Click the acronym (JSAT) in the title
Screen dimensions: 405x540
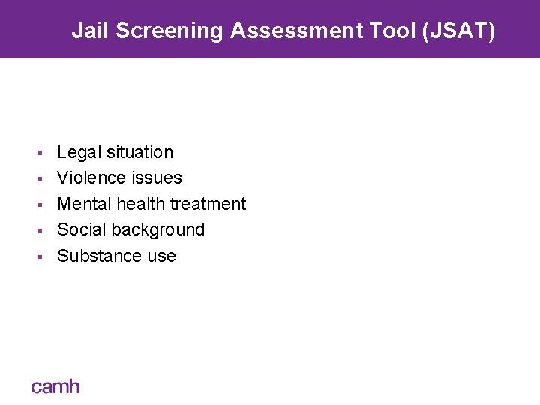(459, 31)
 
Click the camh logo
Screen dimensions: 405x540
(55, 387)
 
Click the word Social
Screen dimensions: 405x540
(80, 229)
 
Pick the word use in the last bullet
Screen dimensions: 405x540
(161, 256)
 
